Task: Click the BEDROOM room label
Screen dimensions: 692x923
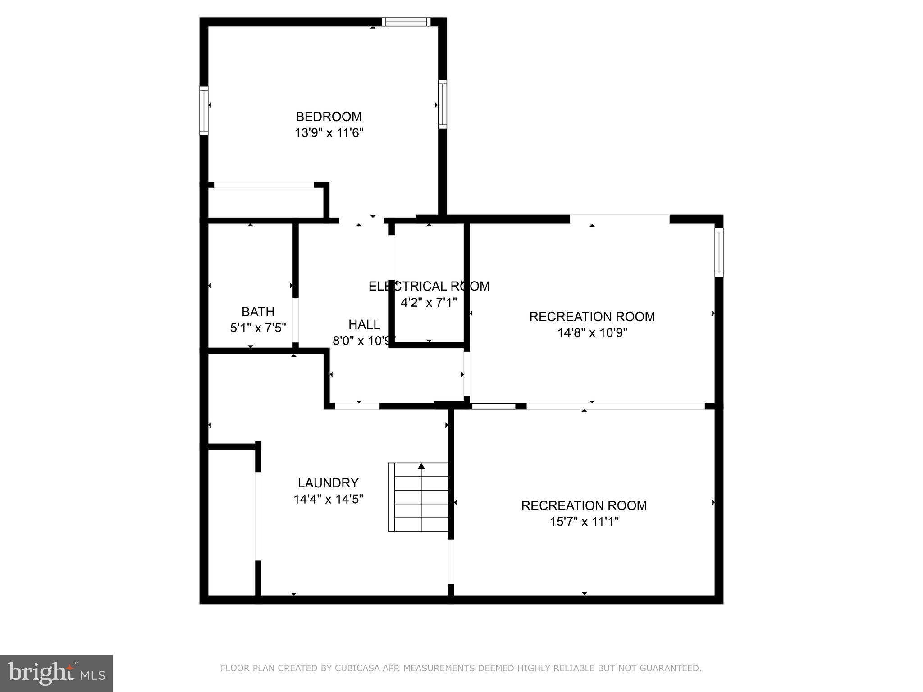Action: click(x=329, y=117)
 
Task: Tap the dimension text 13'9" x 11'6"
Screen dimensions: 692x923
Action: click(x=329, y=133)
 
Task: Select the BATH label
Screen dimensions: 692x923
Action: click(x=258, y=312)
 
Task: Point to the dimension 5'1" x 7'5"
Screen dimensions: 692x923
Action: click(x=258, y=328)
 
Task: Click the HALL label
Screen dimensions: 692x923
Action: click(x=364, y=324)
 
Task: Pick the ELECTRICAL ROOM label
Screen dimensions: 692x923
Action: click(x=429, y=287)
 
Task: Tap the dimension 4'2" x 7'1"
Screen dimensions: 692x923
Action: click(x=429, y=302)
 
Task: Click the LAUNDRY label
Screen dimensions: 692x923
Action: click(x=328, y=483)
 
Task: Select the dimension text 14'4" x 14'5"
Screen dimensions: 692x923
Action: click(x=328, y=499)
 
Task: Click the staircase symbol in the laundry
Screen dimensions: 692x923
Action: click(x=419, y=500)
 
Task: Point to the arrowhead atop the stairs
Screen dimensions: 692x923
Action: click(x=421, y=466)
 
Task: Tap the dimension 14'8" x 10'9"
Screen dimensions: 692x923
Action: click(x=592, y=333)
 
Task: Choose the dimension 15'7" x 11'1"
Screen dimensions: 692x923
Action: click(x=584, y=522)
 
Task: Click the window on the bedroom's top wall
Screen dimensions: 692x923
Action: click(x=406, y=22)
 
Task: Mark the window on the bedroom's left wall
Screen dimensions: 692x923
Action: click(x=204, y=110)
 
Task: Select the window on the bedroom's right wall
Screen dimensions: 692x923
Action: click(x=443, y=105)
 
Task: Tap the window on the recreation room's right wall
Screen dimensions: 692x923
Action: click(x=719, y=252)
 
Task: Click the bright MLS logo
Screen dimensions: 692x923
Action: click(x=56, y=673)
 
